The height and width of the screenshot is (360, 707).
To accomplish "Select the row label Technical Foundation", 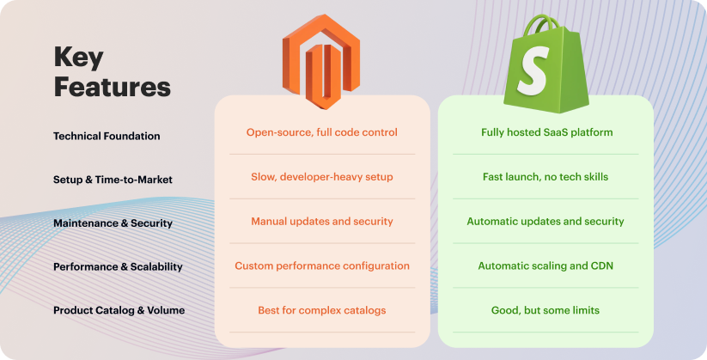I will coord(107,136).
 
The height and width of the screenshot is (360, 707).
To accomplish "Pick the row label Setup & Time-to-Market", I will coord(113,180).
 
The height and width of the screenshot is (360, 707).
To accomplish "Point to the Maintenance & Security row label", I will coord(113,223).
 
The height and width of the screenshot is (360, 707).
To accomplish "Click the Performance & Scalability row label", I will coord(118,266).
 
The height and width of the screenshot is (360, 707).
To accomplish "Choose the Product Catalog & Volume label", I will coord(119,310).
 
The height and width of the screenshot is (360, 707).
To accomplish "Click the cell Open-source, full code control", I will coord(322,132).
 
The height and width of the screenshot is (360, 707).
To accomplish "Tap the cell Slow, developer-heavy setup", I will coord(322,177).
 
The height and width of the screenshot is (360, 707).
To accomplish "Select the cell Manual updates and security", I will coord(322,222).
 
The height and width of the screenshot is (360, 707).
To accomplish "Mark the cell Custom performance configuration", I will coord(322,266).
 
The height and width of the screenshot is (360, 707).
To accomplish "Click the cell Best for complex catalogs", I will coord(322,310).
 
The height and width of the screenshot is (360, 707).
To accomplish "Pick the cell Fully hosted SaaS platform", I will coord(546,132).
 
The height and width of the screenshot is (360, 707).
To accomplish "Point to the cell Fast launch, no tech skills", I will coord(546,177).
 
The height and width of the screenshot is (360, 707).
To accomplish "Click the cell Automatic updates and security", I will coord(546,222).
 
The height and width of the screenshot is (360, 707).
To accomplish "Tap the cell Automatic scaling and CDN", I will coord(546,266).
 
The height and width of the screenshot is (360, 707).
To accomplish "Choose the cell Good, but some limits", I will coord(546,310).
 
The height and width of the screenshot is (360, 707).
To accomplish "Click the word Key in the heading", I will coord(78,58).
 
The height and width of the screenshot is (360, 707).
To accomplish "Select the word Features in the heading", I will coord(112,87).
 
